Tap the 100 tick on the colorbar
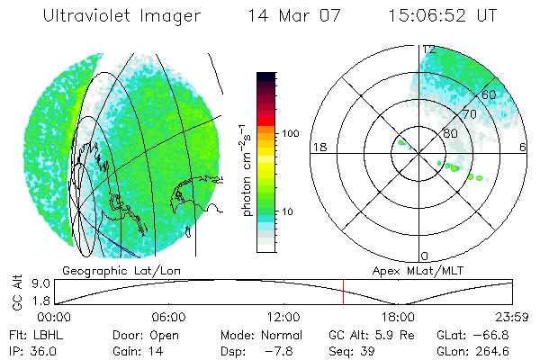[292, 132]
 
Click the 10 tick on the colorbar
[290, 211]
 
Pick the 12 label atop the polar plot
[428, 49]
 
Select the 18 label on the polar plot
[317, 147]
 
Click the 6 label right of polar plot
[524, 147]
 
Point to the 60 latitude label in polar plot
[490, 94]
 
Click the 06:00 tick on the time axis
[169, 317]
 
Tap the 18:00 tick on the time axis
[398, 317]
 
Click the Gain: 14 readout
[136, 350]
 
